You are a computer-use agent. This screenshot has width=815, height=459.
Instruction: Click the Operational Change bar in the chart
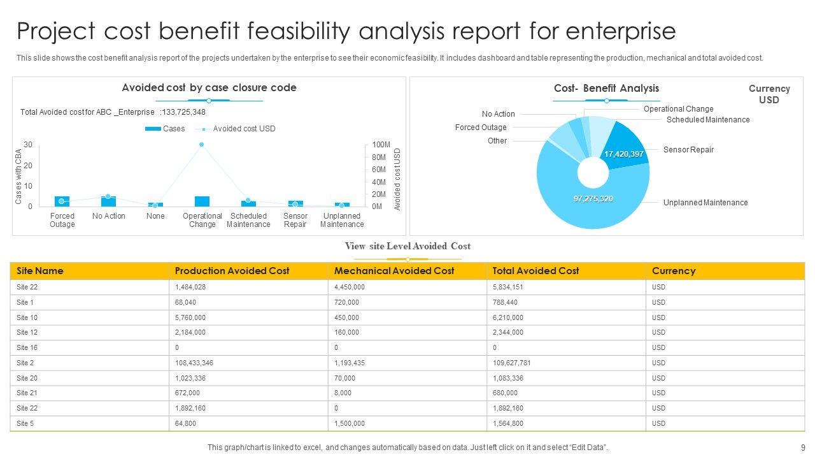[202, 201]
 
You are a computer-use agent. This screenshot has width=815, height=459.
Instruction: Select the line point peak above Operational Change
[202, 145]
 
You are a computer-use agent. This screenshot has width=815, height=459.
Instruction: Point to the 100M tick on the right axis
[381, 145]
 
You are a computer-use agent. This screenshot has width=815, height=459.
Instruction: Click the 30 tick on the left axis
[28, 145]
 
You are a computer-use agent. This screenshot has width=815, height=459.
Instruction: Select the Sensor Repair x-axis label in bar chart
[295, 220]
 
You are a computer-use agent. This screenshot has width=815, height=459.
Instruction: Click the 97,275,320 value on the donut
[593, 199]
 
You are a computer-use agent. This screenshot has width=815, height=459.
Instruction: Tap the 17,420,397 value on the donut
[624, 154]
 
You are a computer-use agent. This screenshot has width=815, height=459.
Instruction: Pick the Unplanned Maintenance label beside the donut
[705, 203]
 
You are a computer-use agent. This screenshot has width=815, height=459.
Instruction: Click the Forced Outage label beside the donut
[481, 127]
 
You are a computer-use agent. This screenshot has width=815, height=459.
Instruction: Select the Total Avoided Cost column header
[535, 271]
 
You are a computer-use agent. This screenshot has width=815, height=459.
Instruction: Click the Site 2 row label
[25, 363]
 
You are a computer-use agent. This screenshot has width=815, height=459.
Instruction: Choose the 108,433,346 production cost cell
[194, 363]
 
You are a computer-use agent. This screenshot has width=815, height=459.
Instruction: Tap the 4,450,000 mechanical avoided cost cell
[350, 287]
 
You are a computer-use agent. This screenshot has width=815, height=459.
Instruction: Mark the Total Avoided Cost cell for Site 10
[508, 317]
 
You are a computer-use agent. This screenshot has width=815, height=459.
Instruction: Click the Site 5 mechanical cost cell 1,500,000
[350, 423]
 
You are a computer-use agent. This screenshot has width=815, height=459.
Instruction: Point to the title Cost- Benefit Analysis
[606, 89]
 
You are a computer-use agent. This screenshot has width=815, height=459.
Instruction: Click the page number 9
[803, 448]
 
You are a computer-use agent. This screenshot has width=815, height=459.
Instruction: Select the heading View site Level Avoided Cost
[407, 246]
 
